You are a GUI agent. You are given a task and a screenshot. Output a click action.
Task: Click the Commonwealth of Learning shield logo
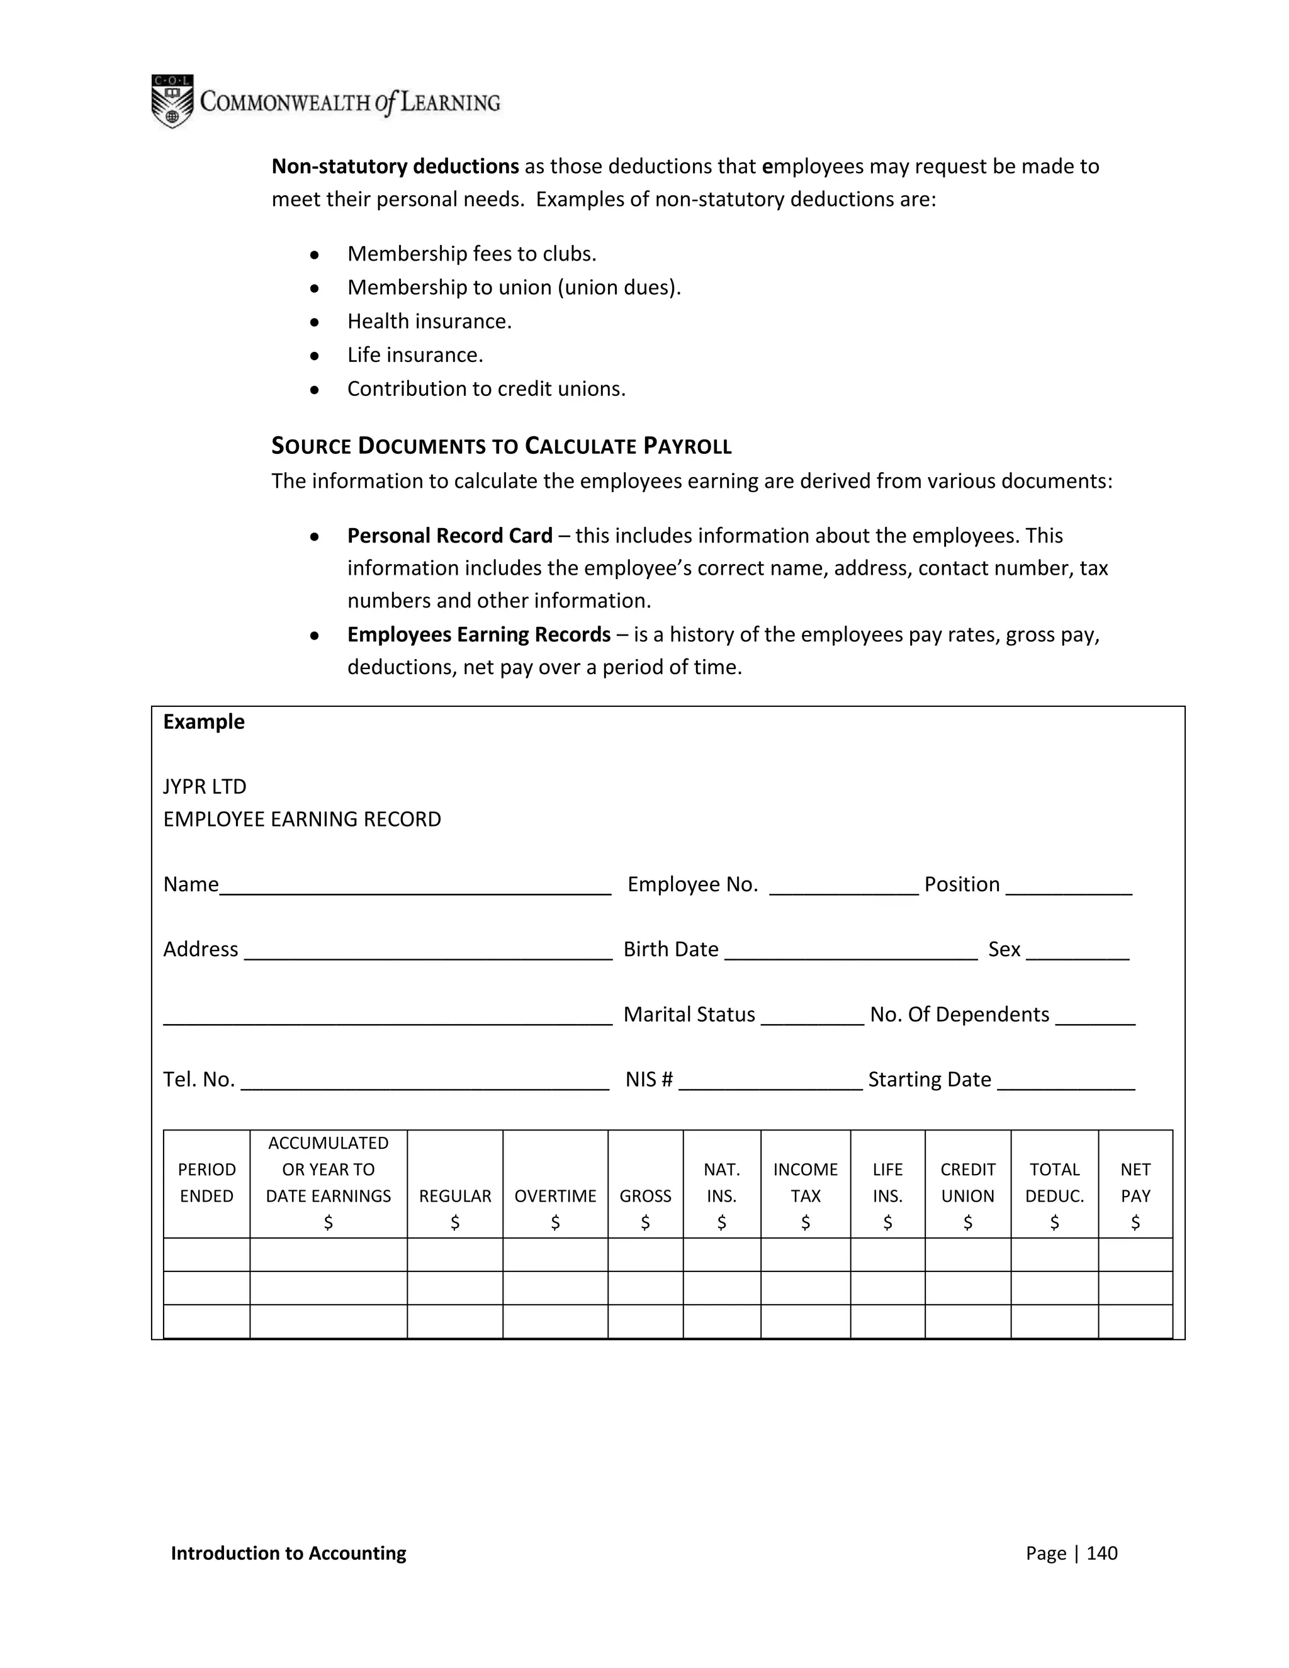click(x=172, y=101)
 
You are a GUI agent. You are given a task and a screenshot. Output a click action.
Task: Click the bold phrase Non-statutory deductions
click(x=395, y=167)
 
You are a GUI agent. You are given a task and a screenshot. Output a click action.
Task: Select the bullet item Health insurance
click(x=429, y=322)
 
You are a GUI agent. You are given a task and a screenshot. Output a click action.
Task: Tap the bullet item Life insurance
click(x=415, y=355)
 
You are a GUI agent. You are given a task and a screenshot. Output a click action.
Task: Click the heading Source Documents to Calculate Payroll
click(x=501, y=446)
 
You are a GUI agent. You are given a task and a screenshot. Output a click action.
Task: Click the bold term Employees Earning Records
click(x=479, y=634)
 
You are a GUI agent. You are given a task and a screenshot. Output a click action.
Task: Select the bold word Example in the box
click(x=204, y=722)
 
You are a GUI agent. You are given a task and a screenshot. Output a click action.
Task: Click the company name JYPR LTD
click(x=205, y=787)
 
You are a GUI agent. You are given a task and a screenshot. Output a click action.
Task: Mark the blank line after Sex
click(x=1077, y=955)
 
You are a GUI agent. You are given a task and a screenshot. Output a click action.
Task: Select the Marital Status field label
click(x=689, y=1014)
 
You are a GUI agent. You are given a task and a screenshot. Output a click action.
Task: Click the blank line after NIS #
click(x=770, y=1085)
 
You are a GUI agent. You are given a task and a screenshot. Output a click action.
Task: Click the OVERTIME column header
click(x=555, y=1196)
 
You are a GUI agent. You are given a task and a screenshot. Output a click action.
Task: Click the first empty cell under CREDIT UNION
click(x=967, y=1255)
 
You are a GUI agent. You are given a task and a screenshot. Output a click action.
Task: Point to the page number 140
click(x=1101, y=1553)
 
